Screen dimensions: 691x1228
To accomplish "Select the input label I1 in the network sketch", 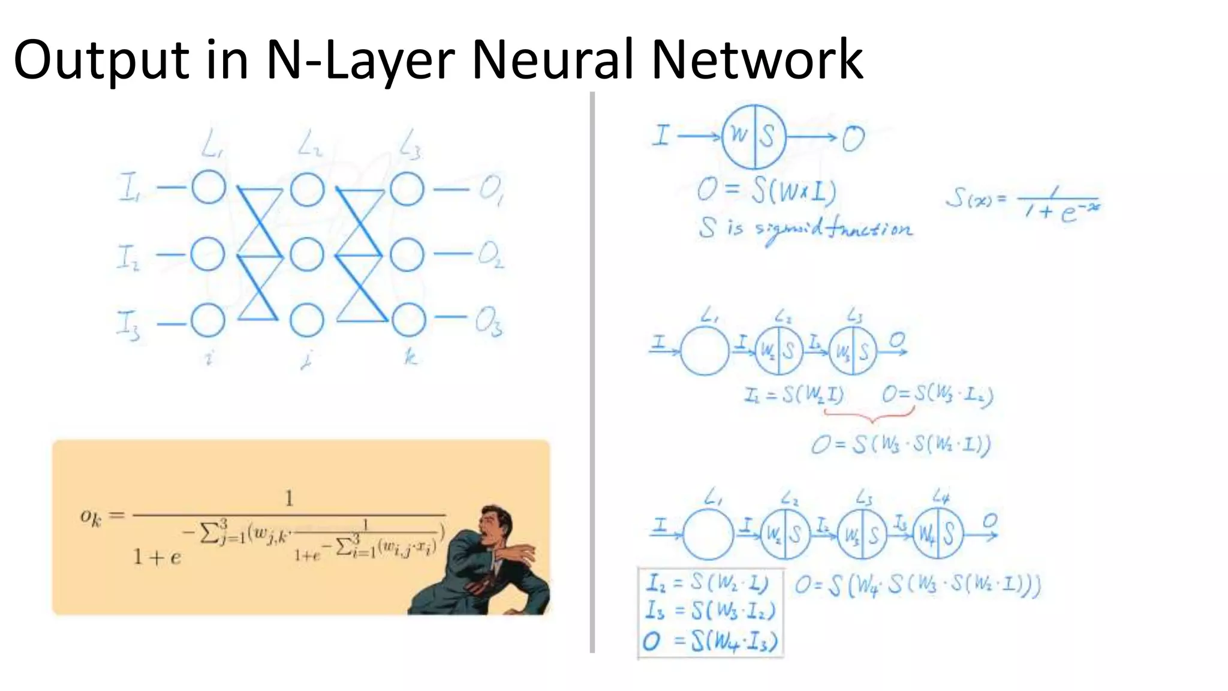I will pos(130,187).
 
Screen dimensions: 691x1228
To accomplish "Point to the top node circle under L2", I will pos(307,190).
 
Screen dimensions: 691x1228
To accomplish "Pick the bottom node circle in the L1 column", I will pos(208,320).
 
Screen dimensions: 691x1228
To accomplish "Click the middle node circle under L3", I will pos(407,254).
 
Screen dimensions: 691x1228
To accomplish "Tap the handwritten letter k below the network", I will pos(410,357).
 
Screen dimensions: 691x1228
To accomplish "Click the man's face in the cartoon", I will pos(495,522).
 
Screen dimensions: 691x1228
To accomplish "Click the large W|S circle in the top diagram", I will pos(754,137).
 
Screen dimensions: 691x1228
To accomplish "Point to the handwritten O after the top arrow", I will pos(853,139).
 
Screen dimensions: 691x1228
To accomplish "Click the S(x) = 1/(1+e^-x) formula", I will pos(1023,204).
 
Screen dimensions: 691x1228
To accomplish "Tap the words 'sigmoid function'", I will pos(833,230).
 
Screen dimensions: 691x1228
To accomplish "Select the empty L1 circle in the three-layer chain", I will pos(705,351).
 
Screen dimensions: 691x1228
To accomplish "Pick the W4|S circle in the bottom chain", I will pos(938,533).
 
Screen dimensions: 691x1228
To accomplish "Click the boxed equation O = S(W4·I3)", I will pos(711,641).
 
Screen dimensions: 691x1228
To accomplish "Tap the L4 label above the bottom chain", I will pos(941,496).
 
